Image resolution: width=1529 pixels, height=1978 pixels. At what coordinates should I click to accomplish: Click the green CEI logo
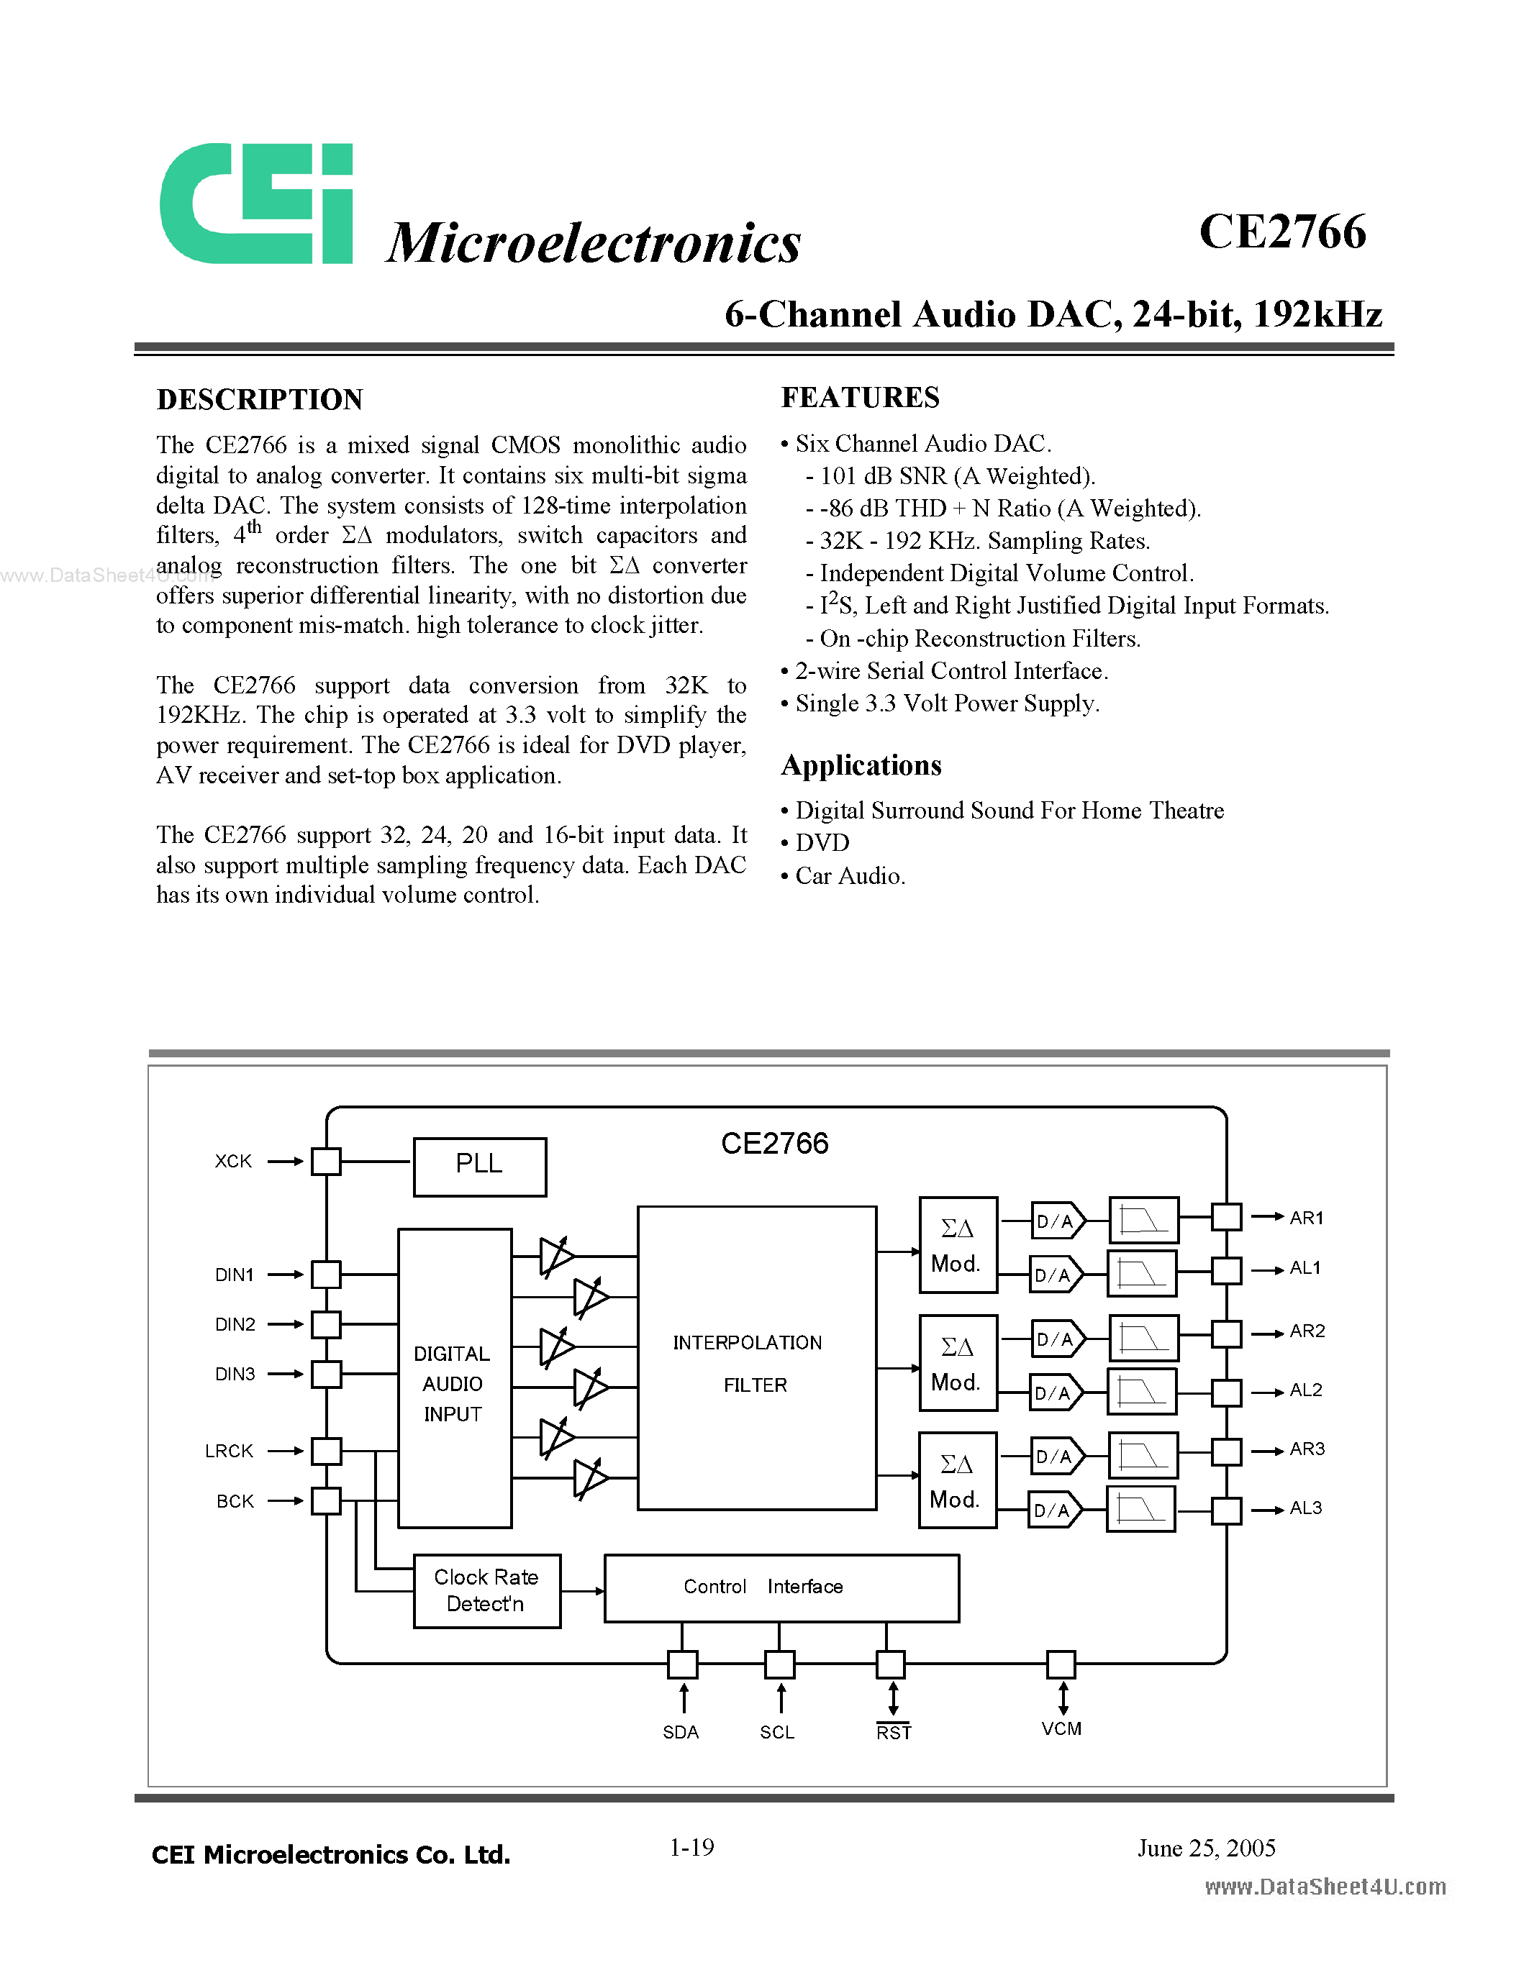pyautogui.click(x=255, y=204)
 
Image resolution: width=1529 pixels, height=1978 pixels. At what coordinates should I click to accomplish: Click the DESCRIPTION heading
pyautogui.click(x=260, y=399)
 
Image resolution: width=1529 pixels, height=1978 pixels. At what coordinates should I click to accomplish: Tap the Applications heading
pyautogui.click(x=861, y=765)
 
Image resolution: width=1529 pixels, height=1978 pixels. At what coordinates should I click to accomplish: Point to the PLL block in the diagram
pyautogui.click(x=479, y=1166)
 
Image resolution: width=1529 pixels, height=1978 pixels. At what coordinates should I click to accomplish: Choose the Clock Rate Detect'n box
pyautogui.click(x=486, y=1590)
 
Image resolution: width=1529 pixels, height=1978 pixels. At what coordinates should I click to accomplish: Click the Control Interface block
pyautogui.click(x=781, y=1587)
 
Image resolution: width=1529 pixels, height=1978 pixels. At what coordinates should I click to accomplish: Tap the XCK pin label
pyautogui.click(x=233, y=1161)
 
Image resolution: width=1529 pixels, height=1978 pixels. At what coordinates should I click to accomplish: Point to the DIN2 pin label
pyautogui.click(x=235, y=1324)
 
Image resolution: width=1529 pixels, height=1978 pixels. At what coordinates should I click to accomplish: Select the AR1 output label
pyautogui.click(x=1306, y=1218)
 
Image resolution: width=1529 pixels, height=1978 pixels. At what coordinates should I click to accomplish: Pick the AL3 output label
pyautogui.click(x=1305, y=1508)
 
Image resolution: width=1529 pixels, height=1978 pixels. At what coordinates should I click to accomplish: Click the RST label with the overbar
pyautogui.click(x=893, y=1732)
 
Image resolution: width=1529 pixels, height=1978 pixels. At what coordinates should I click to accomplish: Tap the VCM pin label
pyautogui.click(x=1061, y=1729)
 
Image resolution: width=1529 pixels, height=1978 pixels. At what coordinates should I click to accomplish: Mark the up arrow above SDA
pyautogui.click(x=683, y=1698)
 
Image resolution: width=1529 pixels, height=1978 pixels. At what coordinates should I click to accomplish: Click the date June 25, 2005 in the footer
pyautogui.click(x=1207, y=1848)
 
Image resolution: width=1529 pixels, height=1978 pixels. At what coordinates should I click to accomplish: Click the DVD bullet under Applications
pyautogui.click(x=822, y=842)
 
